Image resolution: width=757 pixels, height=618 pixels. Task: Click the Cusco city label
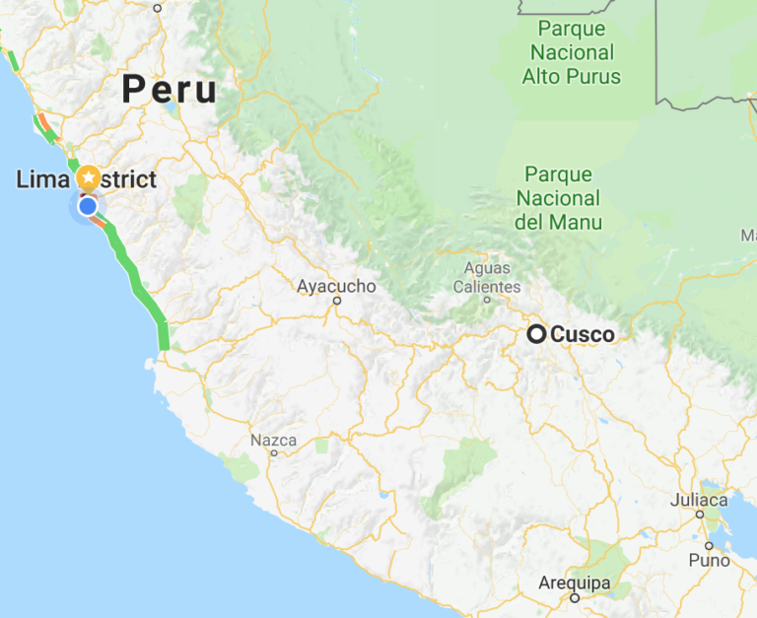coord(582,334)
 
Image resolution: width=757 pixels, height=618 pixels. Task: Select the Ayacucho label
coord(336,286)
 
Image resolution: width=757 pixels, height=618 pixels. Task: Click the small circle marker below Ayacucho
coord(336,302)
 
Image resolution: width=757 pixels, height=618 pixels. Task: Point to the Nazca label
coord(273,440)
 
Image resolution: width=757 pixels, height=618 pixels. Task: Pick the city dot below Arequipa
coord(573,598)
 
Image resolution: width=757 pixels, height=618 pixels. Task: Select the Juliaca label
coord(698,499)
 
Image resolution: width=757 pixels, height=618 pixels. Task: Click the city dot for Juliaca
coord(699,514)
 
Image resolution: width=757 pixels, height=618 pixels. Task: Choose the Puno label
coord(710,560)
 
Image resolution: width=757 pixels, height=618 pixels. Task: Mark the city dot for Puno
coord(709,545)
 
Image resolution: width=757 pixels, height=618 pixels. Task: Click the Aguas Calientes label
coord(487,277)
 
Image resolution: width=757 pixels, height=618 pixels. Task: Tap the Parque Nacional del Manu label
coord(558,198)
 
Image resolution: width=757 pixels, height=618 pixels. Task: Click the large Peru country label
coord(169,90)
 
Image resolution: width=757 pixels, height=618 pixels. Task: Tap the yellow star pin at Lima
coord(89,178)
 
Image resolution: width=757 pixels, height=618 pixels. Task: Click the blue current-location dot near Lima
coord(88,206)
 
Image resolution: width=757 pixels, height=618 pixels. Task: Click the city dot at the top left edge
coord(157,8)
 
